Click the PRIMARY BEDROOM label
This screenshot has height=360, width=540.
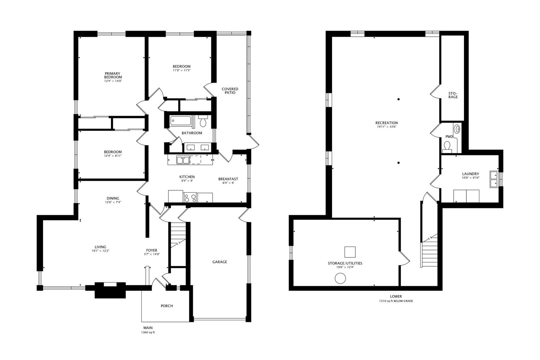point(113,75)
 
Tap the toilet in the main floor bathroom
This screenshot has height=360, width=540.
point(203,121)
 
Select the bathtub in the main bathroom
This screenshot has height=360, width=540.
point(181,121)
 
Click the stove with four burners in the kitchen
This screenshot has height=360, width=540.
point(190,198)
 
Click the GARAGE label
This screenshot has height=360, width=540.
point(220,262)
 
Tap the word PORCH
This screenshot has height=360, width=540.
point(167,306)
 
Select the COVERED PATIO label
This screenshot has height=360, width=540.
point(230,91)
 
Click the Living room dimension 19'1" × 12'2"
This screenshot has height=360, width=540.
point(100,251)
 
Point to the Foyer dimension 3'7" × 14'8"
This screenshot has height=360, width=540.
point(152,254)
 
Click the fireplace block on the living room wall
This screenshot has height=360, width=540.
point(110,290)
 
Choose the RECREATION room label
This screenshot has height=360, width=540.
point(386,123)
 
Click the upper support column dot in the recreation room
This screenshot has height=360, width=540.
point(399,99)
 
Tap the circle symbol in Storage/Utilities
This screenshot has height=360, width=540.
point(340,278)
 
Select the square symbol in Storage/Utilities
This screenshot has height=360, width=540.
point(350,252)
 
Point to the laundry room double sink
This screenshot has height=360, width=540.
point(494,179)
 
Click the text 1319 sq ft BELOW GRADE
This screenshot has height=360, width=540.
point(396,301)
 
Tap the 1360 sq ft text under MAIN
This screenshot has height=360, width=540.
point(148,332)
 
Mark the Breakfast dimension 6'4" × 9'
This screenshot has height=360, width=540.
point(228,183)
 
